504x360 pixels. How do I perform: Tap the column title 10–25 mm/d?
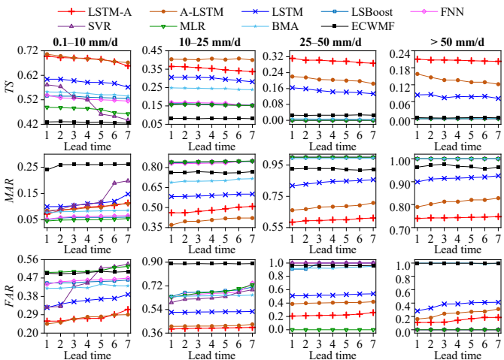[200, 41]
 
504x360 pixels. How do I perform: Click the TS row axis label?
[9, 87]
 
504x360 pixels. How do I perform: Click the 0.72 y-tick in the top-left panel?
[29, 50]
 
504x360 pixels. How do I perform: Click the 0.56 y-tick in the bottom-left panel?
[29, 259]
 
